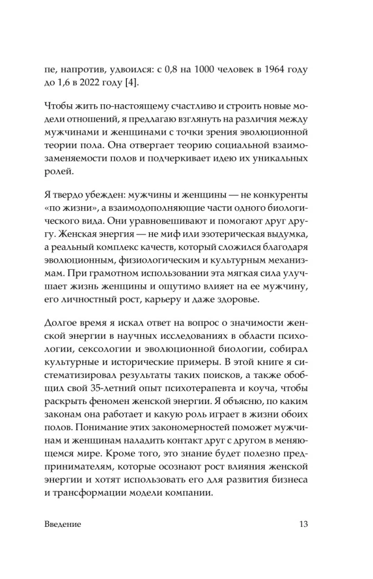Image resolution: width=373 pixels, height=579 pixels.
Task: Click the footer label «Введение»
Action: [62, 524]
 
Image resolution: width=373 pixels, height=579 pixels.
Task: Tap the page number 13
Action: [304, 524]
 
